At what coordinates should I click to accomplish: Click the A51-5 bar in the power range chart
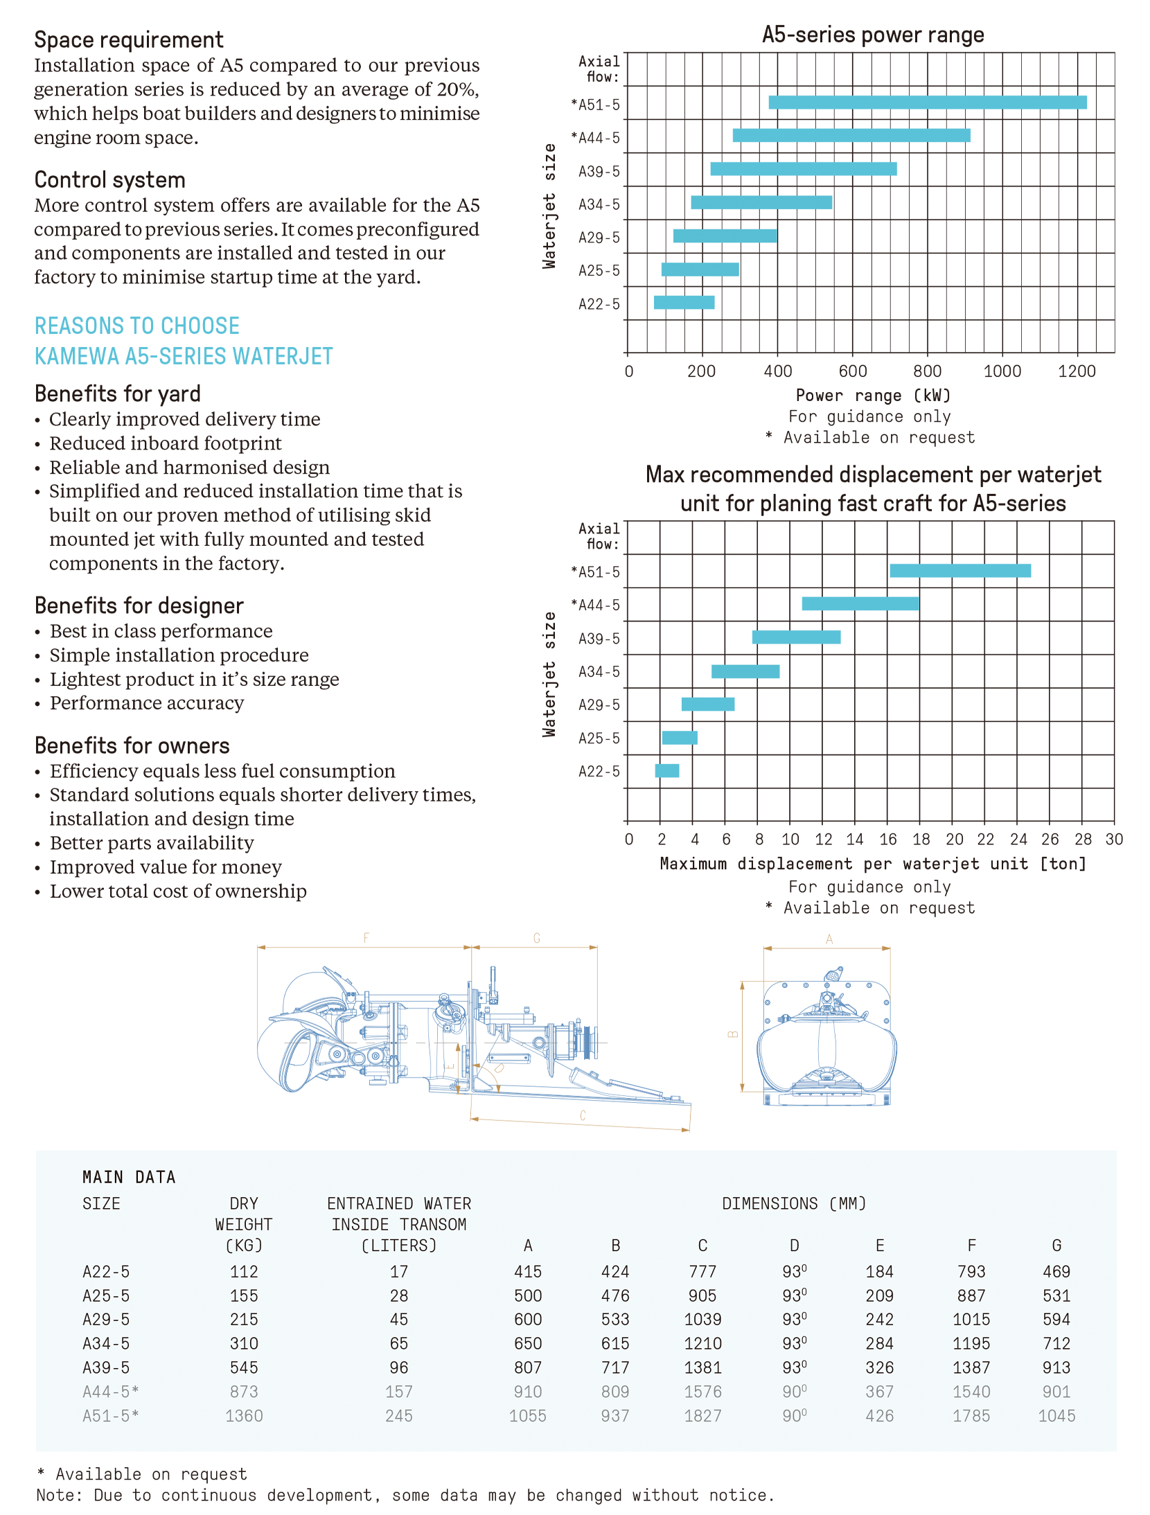coord(927,103)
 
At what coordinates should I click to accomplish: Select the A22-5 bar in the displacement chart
coord(666,770)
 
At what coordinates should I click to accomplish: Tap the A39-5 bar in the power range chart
coord(803,169)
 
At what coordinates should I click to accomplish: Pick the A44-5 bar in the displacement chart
coord(860,603)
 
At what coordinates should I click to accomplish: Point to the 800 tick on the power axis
coord(927,371)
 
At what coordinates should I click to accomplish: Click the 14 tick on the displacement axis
coord(855,840)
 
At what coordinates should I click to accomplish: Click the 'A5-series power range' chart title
coord(872,35)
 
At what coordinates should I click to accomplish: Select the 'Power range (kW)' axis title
coord(872,396)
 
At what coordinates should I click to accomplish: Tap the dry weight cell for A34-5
coord(244,1344)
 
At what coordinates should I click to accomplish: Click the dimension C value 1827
coord(702,1416)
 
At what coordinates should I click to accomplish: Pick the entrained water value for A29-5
coord(398,1320)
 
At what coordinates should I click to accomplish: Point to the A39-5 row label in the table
coord(106,1368)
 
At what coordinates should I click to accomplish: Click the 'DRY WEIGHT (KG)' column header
coord(244,1224)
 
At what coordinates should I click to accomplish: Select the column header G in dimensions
coord(1056,1246)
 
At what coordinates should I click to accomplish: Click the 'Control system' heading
coord(110,180)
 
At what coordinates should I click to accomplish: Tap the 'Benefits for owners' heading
coord(132,746)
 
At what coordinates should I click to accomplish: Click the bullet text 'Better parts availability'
coord(152,843)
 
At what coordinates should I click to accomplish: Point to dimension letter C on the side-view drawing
coord(583,1116)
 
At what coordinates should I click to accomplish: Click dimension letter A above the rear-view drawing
coord(829,940)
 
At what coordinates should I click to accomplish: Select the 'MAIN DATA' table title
coord(129,1178)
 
